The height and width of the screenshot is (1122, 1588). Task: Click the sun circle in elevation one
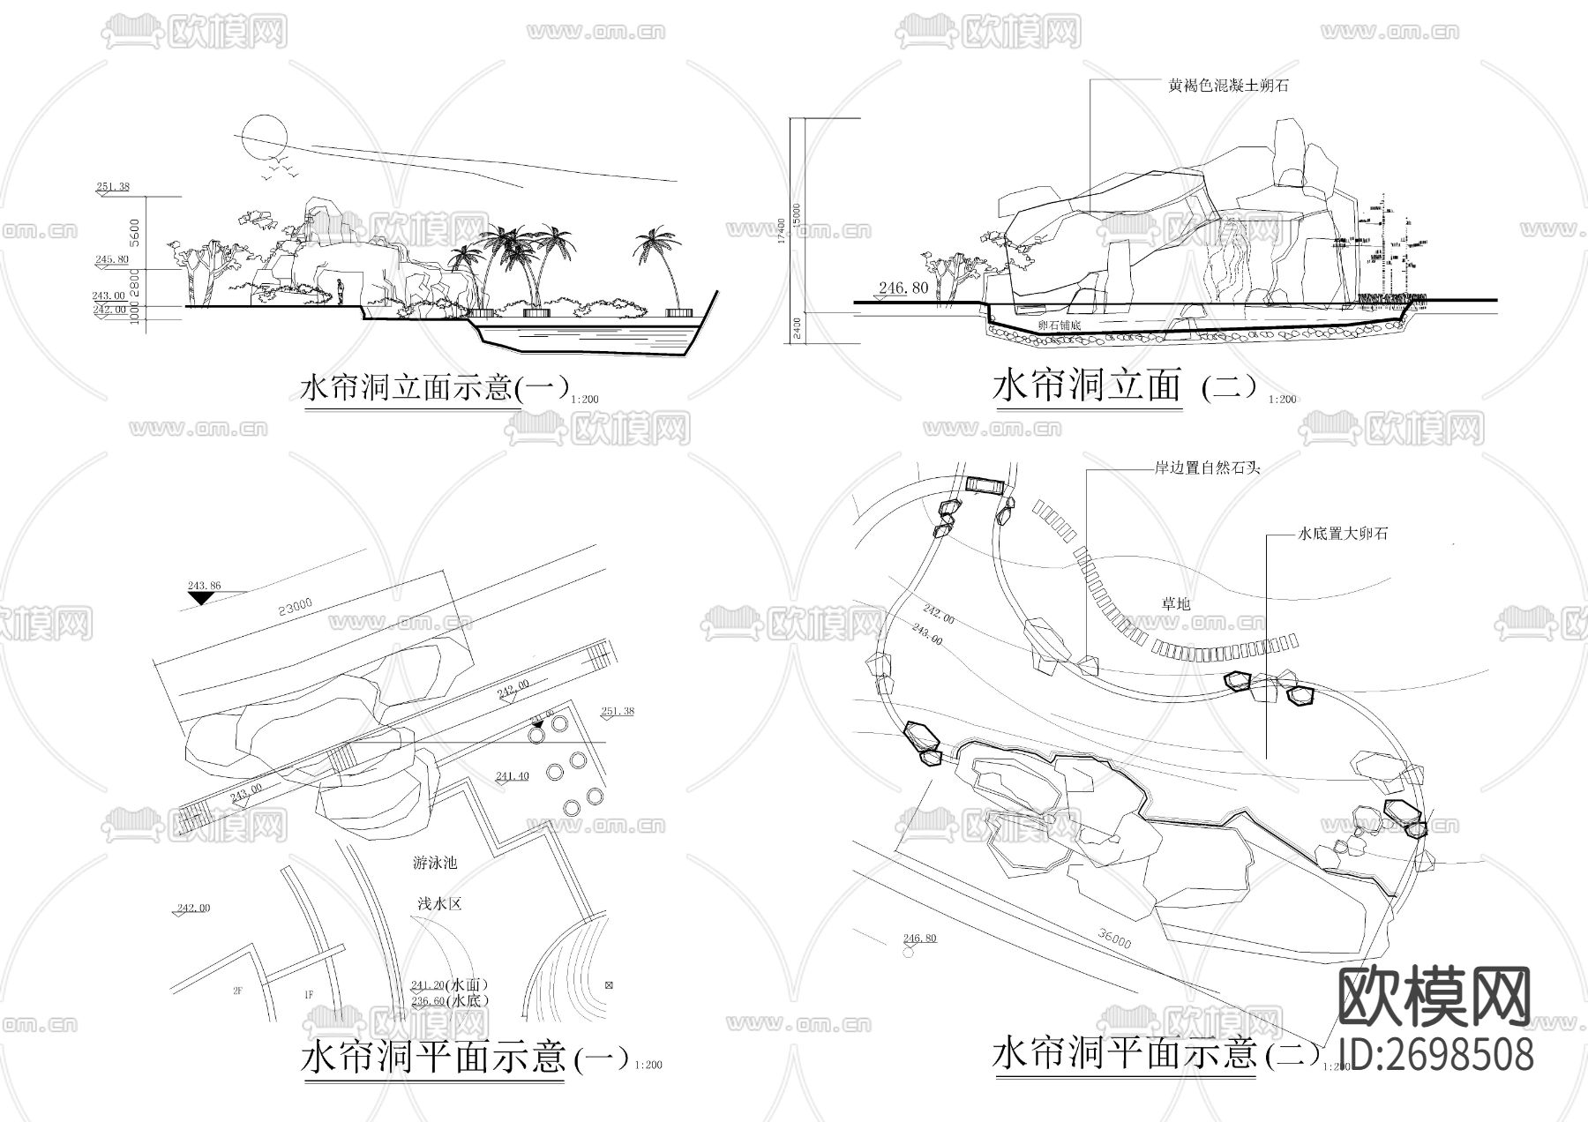pos(264,137)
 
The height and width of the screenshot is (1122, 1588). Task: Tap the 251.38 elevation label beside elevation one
pos(113,186)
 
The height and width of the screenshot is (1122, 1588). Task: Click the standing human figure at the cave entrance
pos(341,291)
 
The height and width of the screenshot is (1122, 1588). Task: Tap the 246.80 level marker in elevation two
pos(903,288)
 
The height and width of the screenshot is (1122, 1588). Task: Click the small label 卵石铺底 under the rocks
pos(1060,325)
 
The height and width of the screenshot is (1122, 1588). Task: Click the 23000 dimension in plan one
pos(295,607)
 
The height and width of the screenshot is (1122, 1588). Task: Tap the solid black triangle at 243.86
pos(202,598)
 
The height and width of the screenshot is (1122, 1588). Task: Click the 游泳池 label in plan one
pos(435,863)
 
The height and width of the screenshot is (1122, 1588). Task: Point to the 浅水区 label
pos(438,904)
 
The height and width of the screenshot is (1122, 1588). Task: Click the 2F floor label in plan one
pos(237,991)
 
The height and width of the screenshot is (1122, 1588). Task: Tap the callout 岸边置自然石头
pos(1207,467)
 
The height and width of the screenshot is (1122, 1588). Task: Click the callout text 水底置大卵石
pos(1343,534)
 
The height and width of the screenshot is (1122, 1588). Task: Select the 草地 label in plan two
pos(1175,603)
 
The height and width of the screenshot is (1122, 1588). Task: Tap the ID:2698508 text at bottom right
pos(1435,1054)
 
